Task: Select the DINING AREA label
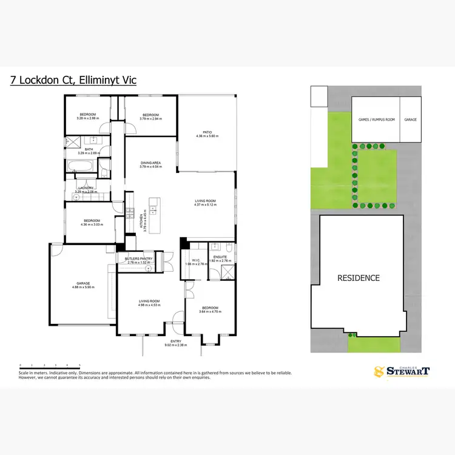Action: pyautogui.click(x=150, y=163)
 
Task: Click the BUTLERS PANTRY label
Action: pyautogui.click(x=138, y=258)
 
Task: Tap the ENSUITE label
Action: pyautogui.click(x=220, y=257)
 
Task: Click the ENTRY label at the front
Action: pyautogui.click(x=176, y=342)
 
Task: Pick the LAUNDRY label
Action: pyautogui.click(x=85, y=188)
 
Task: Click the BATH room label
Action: pyautogui.click(x=89, y=149)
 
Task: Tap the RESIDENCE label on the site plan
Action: pyautogui.click(x=359, y=278)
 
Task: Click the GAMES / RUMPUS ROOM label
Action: pyautogui.click(x=376, y=120)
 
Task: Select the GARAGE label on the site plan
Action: pyautogui.click(x=411, y=120)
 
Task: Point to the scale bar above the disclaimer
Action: pyautogui.click(x=50, y=365)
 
